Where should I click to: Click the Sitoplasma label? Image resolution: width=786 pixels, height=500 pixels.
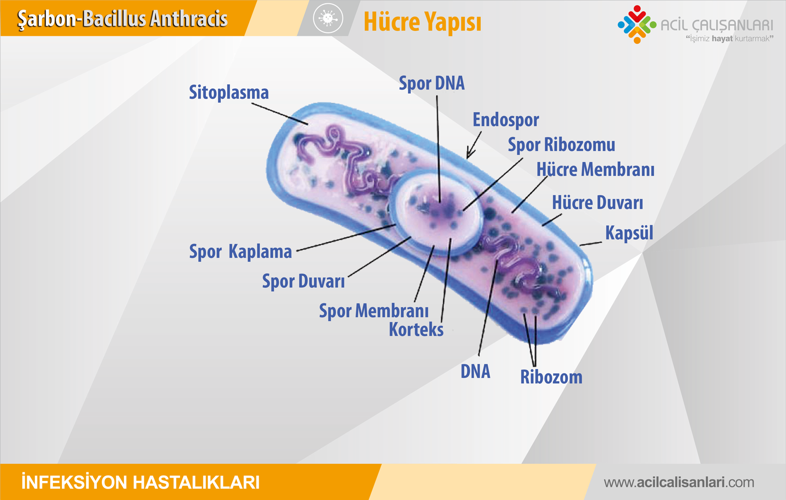point(229,92)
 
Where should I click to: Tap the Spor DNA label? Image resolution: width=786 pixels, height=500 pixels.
point(432,83)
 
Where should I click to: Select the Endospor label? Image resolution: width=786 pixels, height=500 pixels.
point(505,120)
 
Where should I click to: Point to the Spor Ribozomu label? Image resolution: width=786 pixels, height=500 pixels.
point(562,145)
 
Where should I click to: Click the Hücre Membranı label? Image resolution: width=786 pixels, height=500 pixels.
point(595,169)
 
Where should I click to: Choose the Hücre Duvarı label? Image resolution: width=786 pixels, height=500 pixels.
point(597,203)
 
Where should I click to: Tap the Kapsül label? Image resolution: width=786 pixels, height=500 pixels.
point(629,233)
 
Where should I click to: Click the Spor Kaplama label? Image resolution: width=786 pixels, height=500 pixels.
point(241,252)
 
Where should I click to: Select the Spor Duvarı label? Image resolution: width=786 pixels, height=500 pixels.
point(303,281)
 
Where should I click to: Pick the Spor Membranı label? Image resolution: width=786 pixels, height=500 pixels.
point(374,311)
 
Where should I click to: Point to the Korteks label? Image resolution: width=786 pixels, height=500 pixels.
point(416,329)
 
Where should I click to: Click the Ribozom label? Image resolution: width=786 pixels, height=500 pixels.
point(551,377)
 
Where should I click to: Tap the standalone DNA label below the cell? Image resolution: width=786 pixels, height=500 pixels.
point(475,372)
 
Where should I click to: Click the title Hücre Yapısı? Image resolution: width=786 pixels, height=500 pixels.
point(423,22)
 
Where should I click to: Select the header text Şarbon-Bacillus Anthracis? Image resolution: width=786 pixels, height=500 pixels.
point(122,19)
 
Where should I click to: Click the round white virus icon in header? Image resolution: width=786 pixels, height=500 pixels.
point(328,18)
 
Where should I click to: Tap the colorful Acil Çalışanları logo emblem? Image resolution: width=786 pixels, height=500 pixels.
point(637,25)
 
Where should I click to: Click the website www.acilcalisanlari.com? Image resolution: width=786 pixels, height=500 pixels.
point(679,482)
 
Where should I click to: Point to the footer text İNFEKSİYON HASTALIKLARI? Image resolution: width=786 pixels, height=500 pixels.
point(141,482)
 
